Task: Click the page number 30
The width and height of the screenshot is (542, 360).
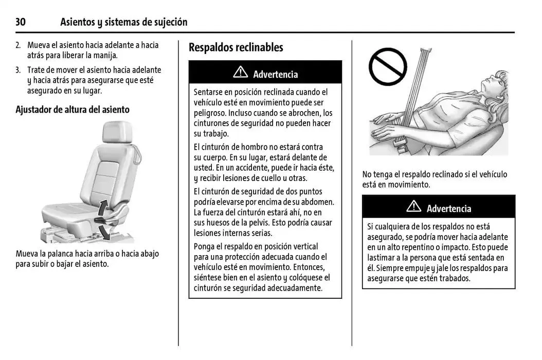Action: [21, 22]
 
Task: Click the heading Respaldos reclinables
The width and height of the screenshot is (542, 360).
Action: [236, 48]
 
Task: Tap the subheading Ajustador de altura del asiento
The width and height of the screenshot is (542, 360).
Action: [73, 110]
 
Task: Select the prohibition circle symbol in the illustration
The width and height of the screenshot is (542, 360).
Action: [388, 66]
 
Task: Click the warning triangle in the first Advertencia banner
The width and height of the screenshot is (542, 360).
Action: [240, 73]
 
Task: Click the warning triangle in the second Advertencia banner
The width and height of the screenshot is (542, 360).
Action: [413, 207]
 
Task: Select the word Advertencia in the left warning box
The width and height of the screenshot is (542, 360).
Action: [275, 75]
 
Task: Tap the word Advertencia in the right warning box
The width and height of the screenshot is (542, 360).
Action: [448, 209]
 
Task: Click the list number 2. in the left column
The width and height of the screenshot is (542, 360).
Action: [18, 45]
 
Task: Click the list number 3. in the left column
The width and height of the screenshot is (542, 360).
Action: [18, 70]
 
